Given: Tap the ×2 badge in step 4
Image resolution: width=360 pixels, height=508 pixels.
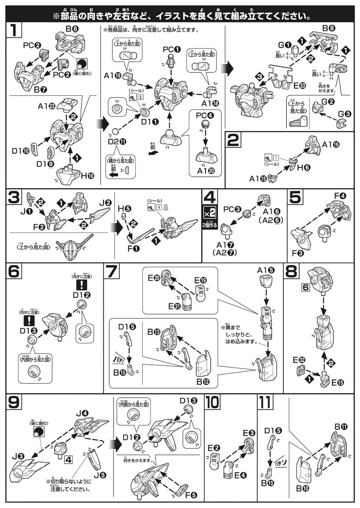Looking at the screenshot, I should coord(209,213).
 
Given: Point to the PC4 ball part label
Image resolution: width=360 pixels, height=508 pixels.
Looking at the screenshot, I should coord(205,115).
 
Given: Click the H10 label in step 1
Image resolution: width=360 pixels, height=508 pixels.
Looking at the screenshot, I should coord(87,175).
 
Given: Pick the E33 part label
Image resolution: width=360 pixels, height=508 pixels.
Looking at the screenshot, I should coord(299,85).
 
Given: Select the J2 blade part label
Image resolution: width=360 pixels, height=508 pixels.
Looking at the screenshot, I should coord(105,203).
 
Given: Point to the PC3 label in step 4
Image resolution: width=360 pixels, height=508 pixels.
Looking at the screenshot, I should coord(232,209).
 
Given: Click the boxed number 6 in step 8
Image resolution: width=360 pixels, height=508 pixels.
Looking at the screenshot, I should coord(306,288).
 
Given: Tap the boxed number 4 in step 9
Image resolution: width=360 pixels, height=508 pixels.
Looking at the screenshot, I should coord(68,460).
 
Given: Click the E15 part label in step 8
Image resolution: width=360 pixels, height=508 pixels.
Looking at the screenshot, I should coord(337,382).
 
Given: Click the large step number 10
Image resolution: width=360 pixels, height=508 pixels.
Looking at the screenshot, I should coord(212,402).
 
